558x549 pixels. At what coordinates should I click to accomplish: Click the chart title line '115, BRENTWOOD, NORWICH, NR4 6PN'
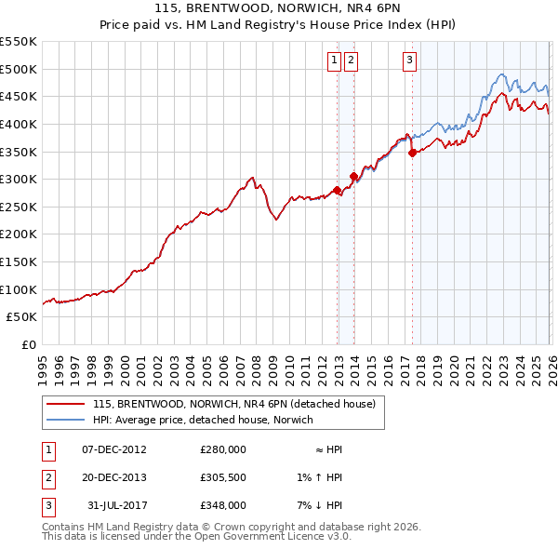tap(278, 10)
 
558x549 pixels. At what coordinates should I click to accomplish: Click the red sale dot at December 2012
tap(337, 190)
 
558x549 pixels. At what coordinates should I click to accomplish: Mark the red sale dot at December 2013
tap(354, 176)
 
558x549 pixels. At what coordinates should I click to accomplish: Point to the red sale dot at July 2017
tap(413, 154)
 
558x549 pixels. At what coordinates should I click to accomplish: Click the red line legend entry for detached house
tap(233, 404)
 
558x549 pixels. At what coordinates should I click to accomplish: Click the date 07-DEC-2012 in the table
tap(114, 449)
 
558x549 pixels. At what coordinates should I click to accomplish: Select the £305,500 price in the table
tap(223, 477)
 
